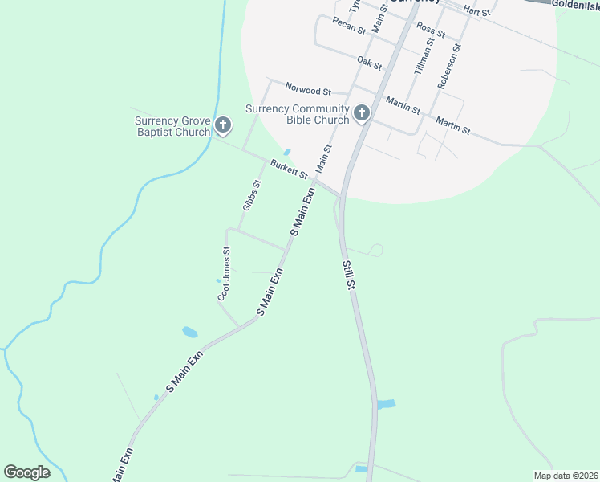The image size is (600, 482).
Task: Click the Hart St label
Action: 476,12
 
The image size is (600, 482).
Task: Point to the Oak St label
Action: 369,61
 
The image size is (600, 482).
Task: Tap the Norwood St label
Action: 308,92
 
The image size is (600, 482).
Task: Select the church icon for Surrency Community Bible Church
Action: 361,114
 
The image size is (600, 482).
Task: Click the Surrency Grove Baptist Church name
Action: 172,127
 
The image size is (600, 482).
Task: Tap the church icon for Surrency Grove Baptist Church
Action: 222,126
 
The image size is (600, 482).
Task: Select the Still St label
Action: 347,276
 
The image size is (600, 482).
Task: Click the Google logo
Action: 26,472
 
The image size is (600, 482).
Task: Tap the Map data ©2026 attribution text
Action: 566,476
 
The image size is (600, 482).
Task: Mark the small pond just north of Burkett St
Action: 286,152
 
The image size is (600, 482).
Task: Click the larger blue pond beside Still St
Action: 386,404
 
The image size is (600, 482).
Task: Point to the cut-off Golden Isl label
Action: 574,5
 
